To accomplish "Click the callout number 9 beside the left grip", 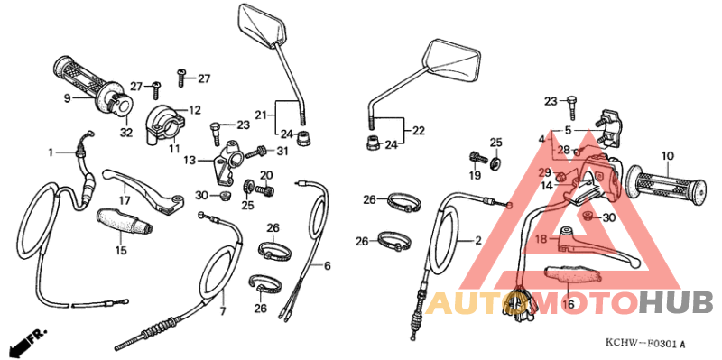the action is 67,97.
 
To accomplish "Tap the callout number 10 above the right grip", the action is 667,156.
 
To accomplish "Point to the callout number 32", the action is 125,133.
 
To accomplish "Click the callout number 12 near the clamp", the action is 194,110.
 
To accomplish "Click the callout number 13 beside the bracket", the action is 190,161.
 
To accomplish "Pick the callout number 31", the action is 281,151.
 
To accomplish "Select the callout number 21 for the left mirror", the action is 261,115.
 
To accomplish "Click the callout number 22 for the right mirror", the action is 419,130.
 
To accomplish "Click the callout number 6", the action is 328,266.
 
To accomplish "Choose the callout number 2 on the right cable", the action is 478,241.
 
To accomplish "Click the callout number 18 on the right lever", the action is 541,238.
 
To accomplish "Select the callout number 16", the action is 568,305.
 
